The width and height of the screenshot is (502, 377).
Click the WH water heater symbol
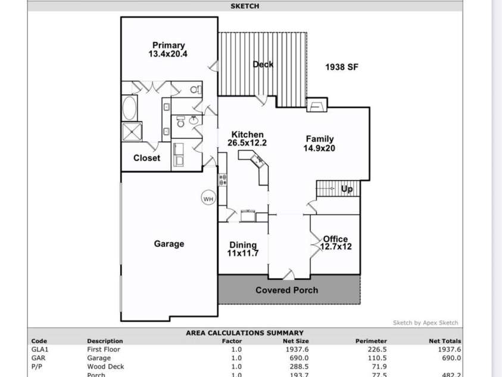tap(208, 199)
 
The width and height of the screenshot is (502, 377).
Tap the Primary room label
tap(169, 45)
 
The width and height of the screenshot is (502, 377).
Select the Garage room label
tap(169, 244)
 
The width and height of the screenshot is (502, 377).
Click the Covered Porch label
tap(286, 291)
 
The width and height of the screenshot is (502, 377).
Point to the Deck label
tap(263, 64)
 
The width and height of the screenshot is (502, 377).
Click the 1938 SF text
tap(342, 67)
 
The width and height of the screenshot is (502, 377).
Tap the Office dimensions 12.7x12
tap(336, 246)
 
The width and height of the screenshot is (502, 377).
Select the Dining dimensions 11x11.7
tap(243, 254)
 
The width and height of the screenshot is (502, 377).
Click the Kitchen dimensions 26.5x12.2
tap(247, 143)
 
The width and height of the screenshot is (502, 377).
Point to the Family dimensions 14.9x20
tap(320, 148)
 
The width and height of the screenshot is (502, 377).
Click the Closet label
tap(146, 158)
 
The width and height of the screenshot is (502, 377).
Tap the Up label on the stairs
tap(347, 189)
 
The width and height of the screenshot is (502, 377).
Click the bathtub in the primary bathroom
tap(129, 109)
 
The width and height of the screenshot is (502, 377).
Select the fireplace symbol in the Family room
tap(316, 106)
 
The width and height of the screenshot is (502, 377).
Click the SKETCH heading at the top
tap(245, 7)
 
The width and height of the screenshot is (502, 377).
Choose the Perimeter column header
tap(371, 341)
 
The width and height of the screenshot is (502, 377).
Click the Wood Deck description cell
tap(106, 366)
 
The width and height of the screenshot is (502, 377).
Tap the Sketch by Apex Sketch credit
tap(425, 323)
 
